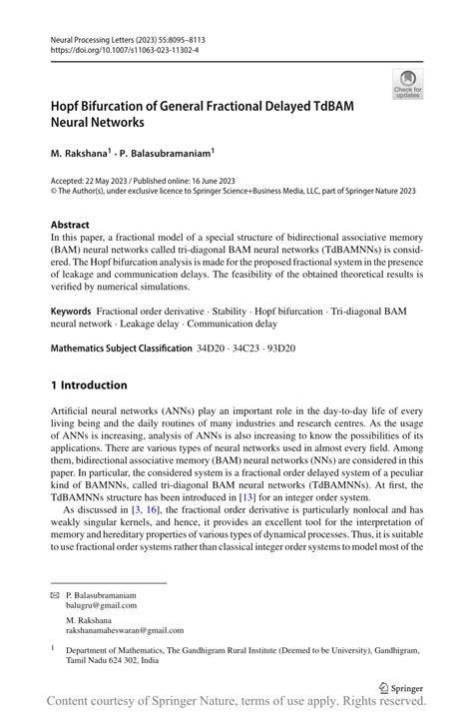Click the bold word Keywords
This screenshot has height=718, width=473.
(x=76, y=313)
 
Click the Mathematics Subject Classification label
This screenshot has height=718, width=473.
(x=121, y=349)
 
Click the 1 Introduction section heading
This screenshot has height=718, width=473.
(x=89, y=385)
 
